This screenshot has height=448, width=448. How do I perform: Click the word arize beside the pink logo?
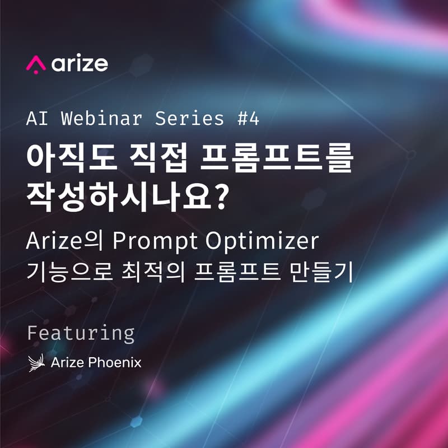[x=80, y=63]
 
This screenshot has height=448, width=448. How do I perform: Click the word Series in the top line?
[x=189, y=119]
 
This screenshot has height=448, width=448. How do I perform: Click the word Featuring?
[x=81, y=333]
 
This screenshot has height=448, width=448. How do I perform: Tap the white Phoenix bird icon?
[x=36, y=362]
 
